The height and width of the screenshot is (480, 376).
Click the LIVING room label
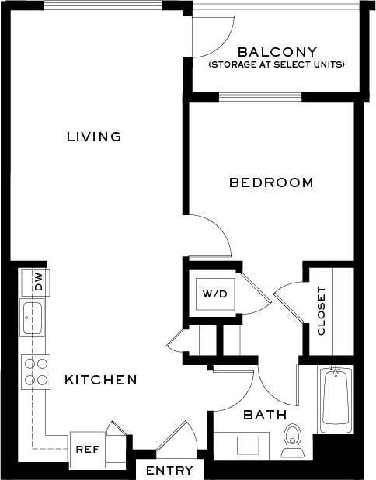94,137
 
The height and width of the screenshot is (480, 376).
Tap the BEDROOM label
271,183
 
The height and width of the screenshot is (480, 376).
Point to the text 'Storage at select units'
277,65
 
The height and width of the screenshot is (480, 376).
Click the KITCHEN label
100,380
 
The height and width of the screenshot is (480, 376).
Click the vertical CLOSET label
322,311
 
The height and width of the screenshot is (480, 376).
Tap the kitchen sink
33,318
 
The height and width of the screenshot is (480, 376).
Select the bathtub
336,399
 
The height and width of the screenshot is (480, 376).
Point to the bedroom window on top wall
259,97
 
